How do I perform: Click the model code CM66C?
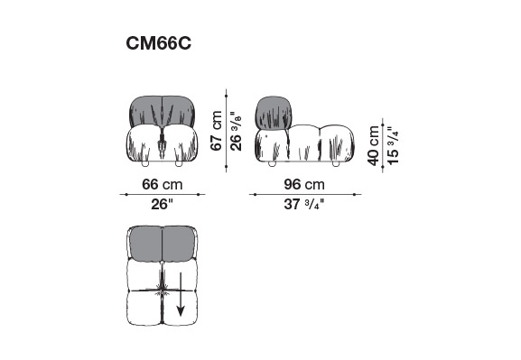159,43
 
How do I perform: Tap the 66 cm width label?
163,184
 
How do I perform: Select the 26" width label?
163,204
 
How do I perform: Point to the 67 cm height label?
217,131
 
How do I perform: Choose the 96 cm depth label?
304,184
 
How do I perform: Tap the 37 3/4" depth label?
303,204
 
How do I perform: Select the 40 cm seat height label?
374,145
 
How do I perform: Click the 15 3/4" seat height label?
393,145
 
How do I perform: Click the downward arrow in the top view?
181,294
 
